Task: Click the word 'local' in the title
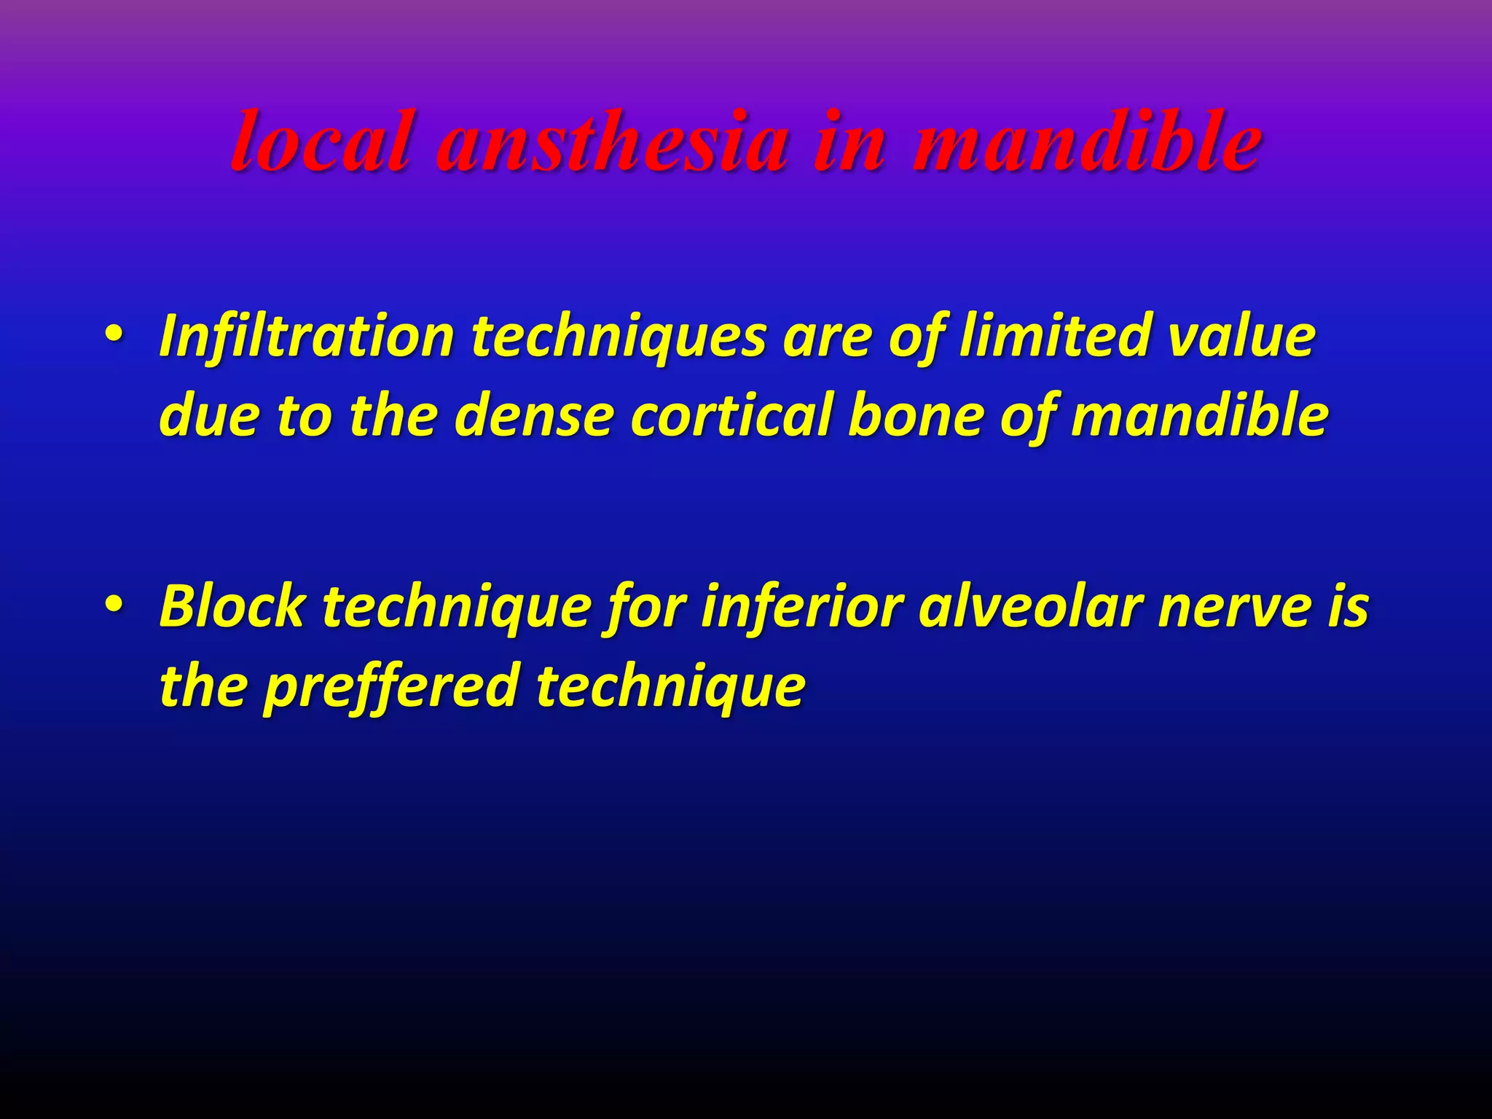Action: [320, 142]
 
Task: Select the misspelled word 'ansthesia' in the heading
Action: [612, 142]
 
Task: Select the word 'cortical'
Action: [731, 416]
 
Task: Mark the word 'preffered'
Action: [390, 686]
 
